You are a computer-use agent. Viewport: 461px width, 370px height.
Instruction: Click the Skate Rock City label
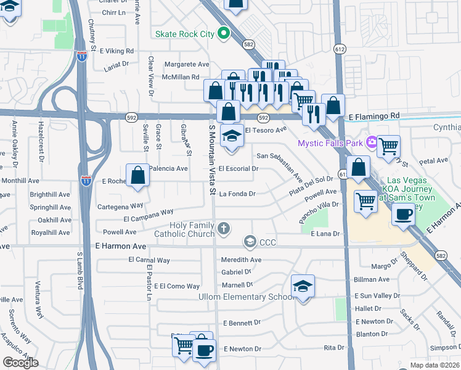pyautogui.click(x=185, y=34)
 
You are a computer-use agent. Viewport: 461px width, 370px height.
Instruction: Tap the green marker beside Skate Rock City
pyautogui.click(x=224, y=34)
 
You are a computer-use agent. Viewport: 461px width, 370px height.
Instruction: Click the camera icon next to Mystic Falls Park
pyautogui.click(x=372, y=143)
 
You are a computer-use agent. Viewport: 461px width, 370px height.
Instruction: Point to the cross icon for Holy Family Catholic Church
pyautogui.click(x=223, y=229)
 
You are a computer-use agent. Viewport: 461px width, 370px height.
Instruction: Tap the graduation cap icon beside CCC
pyautogui.click(x=250, y=241)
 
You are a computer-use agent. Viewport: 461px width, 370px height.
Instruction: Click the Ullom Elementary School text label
pyautogui.click(x=245, y=297)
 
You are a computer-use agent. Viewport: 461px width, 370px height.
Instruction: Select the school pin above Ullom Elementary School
pyautogui.click(x=303, y=287)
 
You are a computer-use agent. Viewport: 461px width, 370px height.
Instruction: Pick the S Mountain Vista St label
pyautogui.click(x=211, y=159)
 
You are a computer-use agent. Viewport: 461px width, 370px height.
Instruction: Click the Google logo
pyautogui.click(x=21, y=363)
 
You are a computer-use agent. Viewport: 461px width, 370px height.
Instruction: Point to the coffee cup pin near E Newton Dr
pyautogui.click(x=204, y=350)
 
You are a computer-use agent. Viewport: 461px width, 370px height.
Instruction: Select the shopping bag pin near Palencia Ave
pyautogui.click(x=138, y=175)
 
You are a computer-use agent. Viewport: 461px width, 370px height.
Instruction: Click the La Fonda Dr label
pyautogui.click(x=237, y=194)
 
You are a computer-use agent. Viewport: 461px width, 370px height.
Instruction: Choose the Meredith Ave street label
pyautogui.click(x=242, y=260)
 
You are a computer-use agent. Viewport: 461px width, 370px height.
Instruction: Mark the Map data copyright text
pyautogui.click(x=434, y=365)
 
